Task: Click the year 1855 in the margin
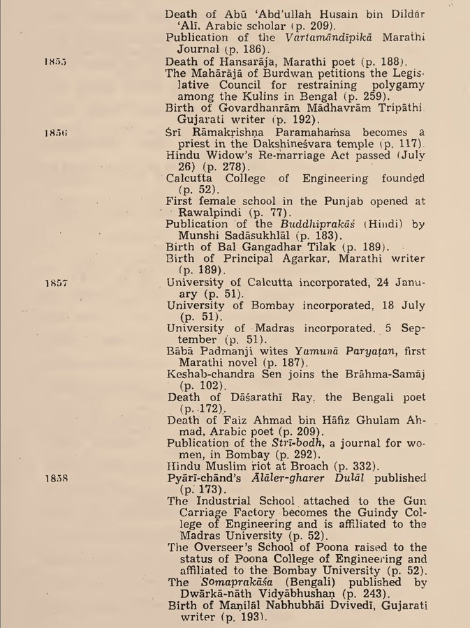(x=53, y=61)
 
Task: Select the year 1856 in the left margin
(x=53, y=130)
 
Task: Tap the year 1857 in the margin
(x=53, y=283)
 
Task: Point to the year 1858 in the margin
(x=53, y=479)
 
